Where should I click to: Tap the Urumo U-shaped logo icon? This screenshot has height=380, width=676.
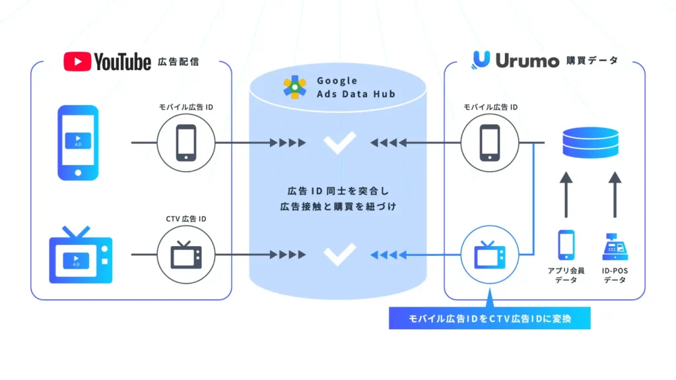pyautogui.click(x=481, y=60)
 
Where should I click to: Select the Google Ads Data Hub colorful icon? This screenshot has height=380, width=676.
pyautogui.click(x=294, y=87)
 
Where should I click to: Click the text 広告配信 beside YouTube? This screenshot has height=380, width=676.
pyautogui.click(x=178, y=63)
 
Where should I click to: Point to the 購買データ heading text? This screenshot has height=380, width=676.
pyautogui.click(x=592, y=61)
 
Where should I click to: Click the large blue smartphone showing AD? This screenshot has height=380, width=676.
pyautogui.click(x=78, y=142)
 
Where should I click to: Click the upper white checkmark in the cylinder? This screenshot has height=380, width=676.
pyautogui.click(x=338, y=142)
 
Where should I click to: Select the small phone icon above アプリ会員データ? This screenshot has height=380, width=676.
pyautogui.click(x=566, y=245)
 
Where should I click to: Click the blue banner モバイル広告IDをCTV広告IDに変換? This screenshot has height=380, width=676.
pyautogui.click(x=489, y=319)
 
